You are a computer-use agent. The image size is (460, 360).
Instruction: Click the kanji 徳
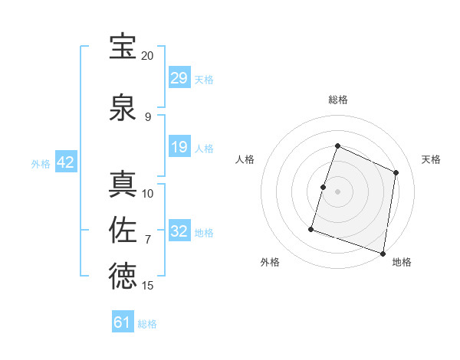pyautogui.click(x=123, y=277)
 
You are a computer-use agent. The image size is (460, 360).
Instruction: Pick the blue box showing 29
pyautogui.click(x=179, y=78)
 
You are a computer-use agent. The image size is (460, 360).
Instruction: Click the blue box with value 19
pyautogui.click(x=179, y=147)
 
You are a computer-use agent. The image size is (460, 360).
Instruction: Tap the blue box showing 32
pyautogui.click(x=179, y=231)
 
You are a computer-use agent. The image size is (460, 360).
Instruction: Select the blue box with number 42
pyautogui.click(x=65, y=162)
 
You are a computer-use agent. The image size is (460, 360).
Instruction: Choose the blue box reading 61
pyautogui.click(x=123, y=322)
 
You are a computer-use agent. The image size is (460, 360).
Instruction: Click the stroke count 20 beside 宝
pyautogui.click(x=147, y=56)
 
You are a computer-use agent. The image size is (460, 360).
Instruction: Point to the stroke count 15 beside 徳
pyautogui.click(x=148, y=286)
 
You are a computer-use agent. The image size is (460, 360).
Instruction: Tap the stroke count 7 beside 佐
pyautogui.click(x=148, y=240)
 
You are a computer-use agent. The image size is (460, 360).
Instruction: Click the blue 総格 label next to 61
pyautogui.click(x=147, y=324)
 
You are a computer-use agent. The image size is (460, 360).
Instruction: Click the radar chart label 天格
pyautogui.click(x=432, y=159)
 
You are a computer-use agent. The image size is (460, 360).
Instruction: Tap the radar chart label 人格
pyautogui.click(x=245, y=159)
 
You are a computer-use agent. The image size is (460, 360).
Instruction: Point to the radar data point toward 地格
pyautogui.click(x=383, y=253)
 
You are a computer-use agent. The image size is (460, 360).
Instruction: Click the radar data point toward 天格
pyautogui.click(x=396, y=172)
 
